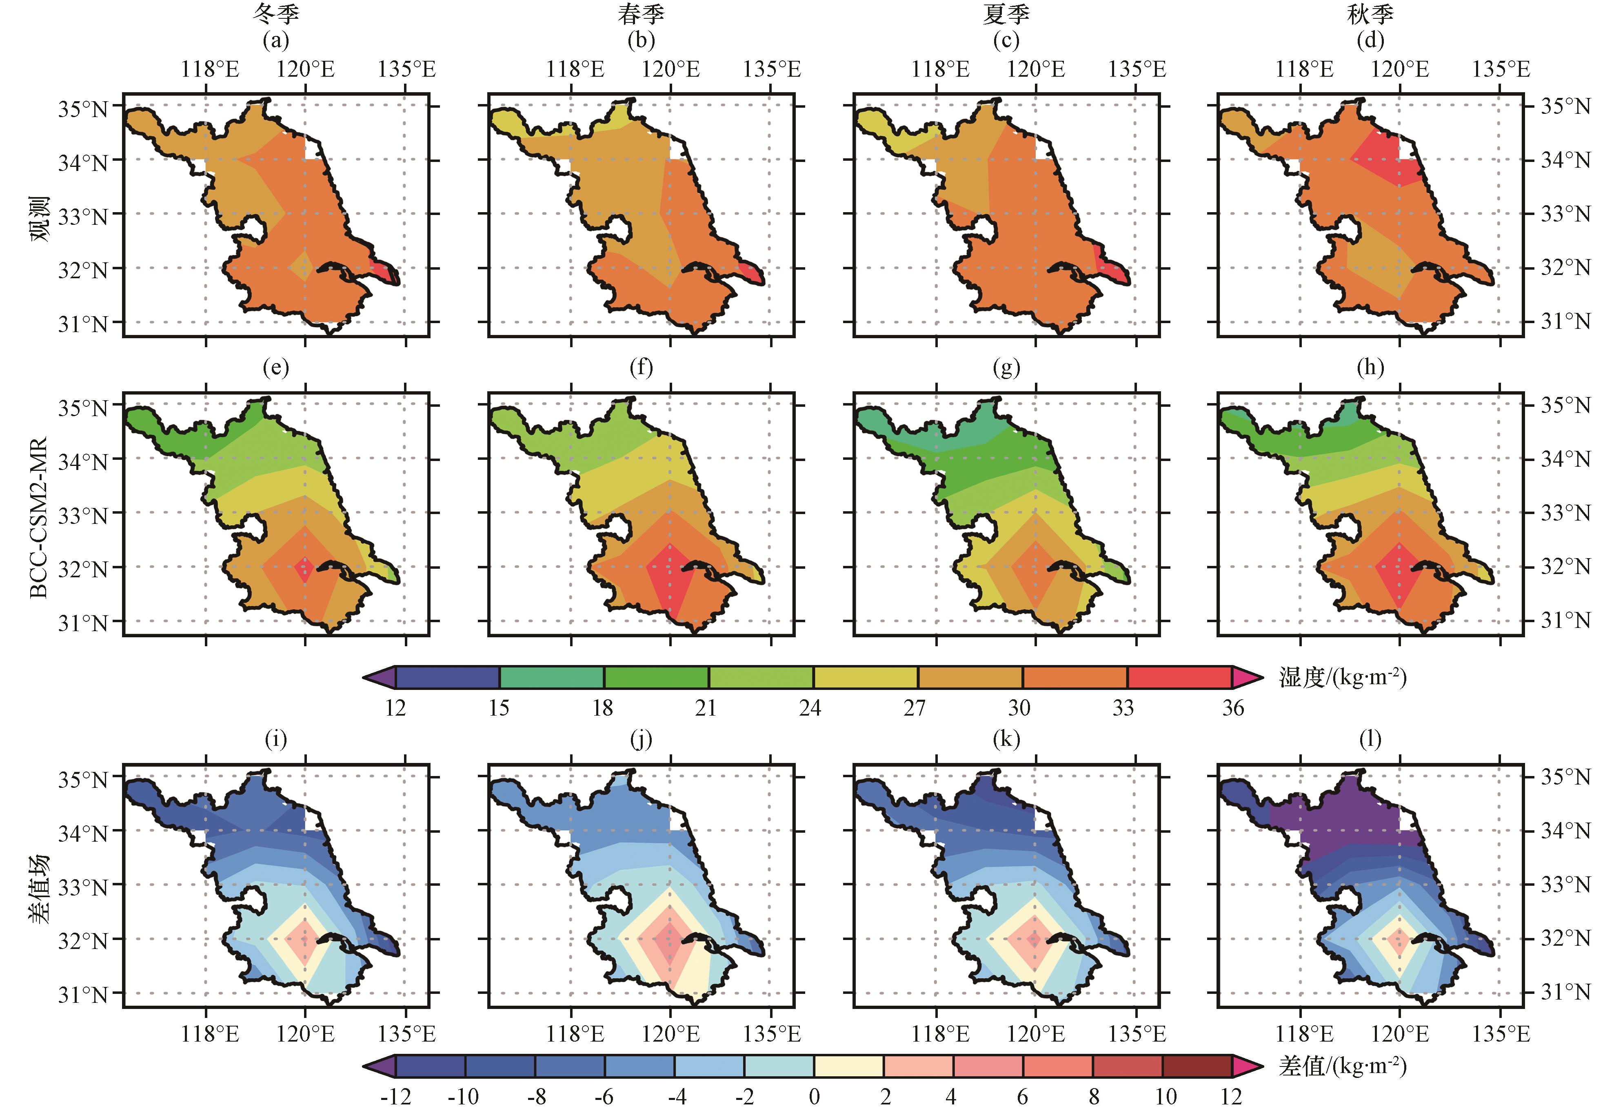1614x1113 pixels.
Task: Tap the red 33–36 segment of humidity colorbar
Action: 1179,678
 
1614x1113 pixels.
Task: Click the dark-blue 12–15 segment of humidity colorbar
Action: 448,678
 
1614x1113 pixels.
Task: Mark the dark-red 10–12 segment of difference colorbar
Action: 1197,1066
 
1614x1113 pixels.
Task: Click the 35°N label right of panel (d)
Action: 1565,107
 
